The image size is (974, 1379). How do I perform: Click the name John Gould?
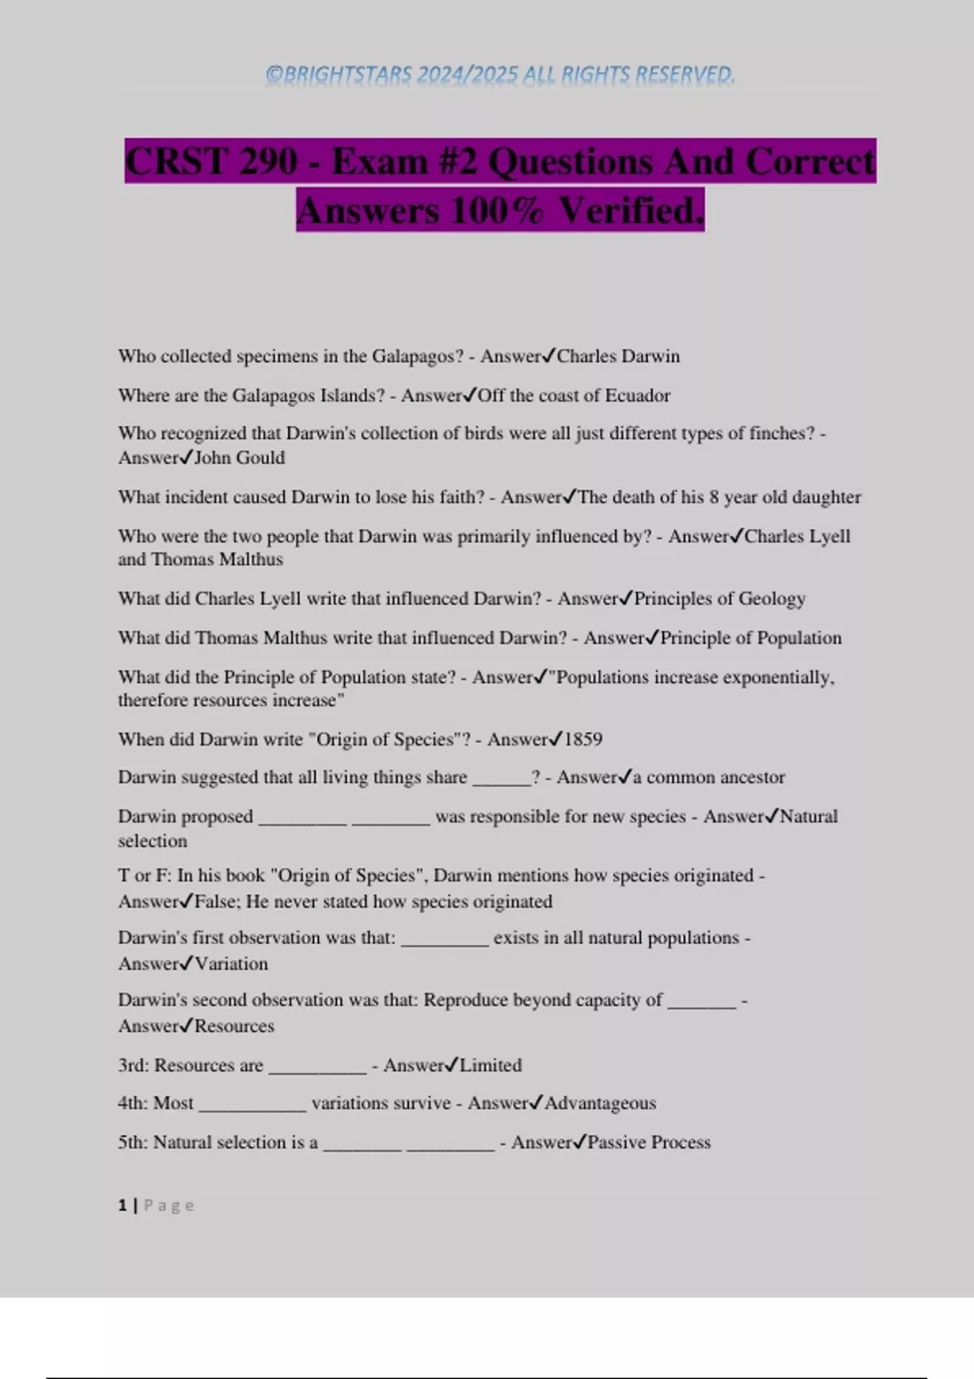coord(239,458)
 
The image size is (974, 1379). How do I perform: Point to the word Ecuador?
coord(637,396)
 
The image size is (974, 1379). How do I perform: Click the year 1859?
coord(583,739)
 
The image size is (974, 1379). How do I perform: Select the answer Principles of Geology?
coord(719,599)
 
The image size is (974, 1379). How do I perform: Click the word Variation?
coord(231,964)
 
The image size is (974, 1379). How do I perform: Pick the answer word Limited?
coord(490,1065)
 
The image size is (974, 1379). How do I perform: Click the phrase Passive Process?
coord(649,1142)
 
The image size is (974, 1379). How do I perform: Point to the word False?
coord(215,901)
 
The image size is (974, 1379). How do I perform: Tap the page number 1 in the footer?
coord(123,1205)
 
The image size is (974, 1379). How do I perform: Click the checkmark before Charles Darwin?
coord(549,355)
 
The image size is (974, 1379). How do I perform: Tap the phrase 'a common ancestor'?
coord(709,777)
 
